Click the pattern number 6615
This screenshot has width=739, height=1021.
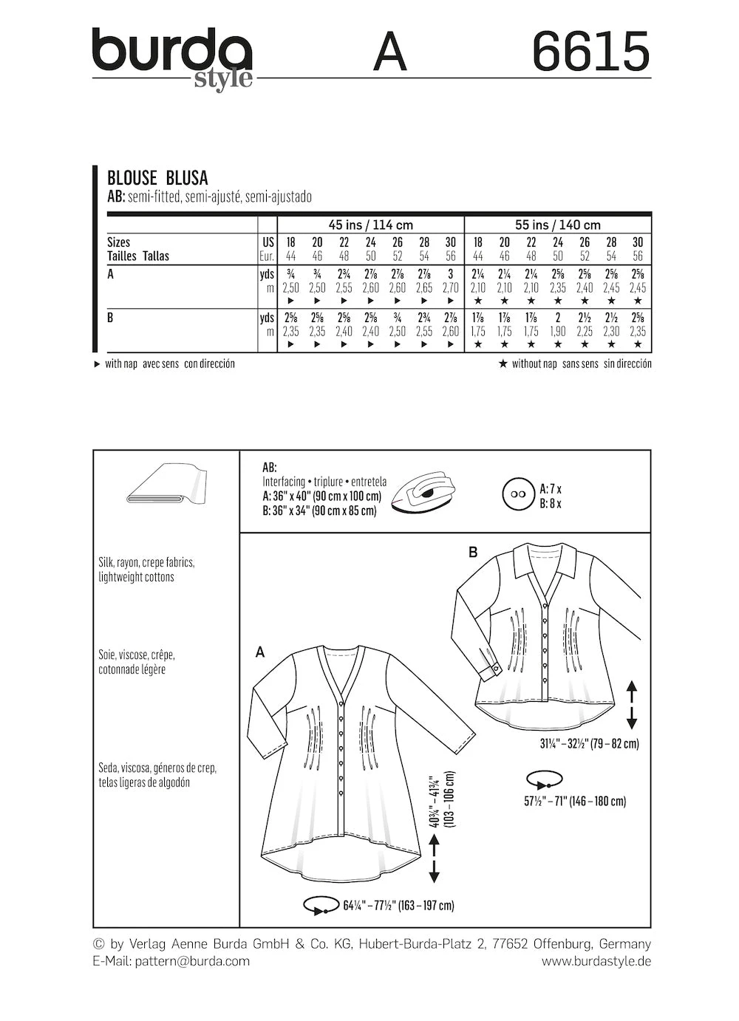click(x=590, y=52)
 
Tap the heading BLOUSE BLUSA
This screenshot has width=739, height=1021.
click(x=157, y=177)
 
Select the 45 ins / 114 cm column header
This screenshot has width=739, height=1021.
click(x=370, y=225)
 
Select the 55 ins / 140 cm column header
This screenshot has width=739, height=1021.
click(x=557, y=225)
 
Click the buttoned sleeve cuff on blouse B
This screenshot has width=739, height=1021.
click(x=488, y=664)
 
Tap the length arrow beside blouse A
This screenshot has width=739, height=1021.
click(x=433, y=858)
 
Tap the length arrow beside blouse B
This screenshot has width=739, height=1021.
click(x=633, y=706)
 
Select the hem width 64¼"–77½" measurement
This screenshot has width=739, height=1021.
click(x=398, y=905)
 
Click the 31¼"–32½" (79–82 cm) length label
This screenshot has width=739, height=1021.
click(x=589, y=743)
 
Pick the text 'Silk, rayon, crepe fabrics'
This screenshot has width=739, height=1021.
click(x=146, y=562)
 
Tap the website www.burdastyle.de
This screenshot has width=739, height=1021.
click(x=596, y=961)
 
